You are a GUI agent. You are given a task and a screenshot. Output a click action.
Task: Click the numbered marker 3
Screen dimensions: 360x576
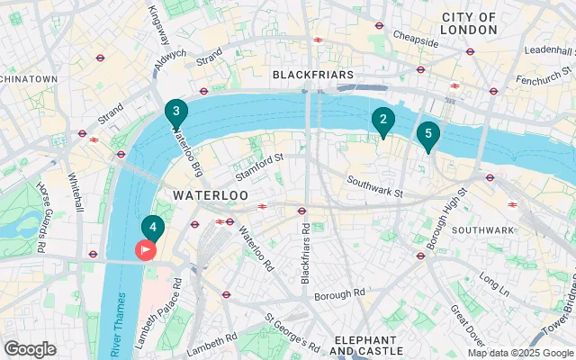point(176,112)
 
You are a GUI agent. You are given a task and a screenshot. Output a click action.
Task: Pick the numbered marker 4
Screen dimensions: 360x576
point(153,228)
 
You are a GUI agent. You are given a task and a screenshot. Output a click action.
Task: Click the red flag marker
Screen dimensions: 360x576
point(144,249)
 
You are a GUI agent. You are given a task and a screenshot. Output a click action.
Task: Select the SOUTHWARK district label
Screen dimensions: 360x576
point(482,229)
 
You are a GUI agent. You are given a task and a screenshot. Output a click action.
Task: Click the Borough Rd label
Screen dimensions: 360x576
point(339,293)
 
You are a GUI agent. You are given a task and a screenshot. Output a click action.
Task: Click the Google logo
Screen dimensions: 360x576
point(30,349)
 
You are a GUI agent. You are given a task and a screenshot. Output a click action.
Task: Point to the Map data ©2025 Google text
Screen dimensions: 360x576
point(519,353)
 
